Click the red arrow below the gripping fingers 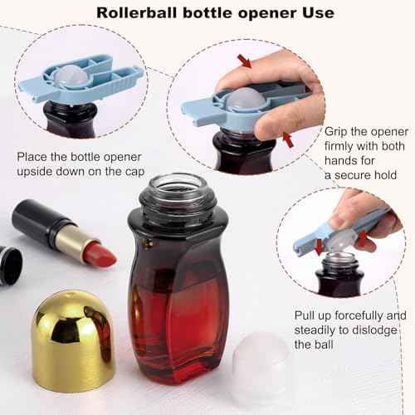pyautogui.click(x=287, y=141)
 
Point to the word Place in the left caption pyautogui.click(x=35, y=156)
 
